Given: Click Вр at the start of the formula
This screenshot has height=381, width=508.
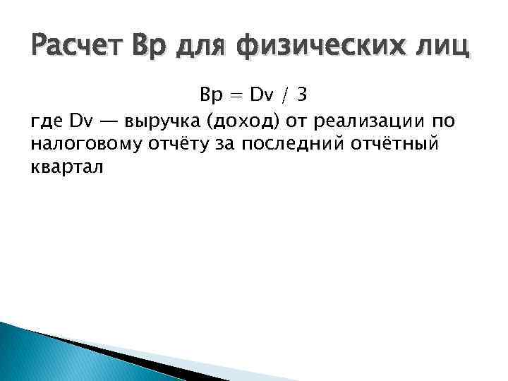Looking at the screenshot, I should pyautogui.click(x=211, y=95).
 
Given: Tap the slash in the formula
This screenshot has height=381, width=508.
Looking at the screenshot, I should pyautogui.click(x=286, y=95).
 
